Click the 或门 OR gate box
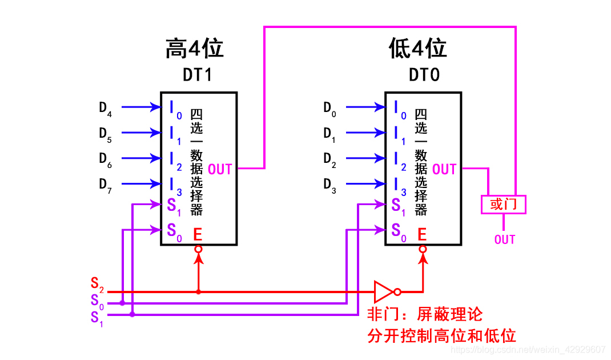click(503, 204)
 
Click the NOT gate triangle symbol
click(384, 291)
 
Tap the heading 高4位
click(194, 49)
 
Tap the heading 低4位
click(417, 49)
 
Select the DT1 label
click(197, 75)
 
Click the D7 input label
click(105, 185)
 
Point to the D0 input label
click(329, 107)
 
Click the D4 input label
click(105, 107)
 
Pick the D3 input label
click(329, 185)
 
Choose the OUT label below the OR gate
click(505, 239)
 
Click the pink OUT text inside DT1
click(220, 169)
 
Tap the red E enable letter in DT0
click(422, 234)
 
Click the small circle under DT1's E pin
click(198, 249)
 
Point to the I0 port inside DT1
click(175, 109)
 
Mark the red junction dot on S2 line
click(198, 291)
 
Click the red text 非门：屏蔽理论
click(425, 314)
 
